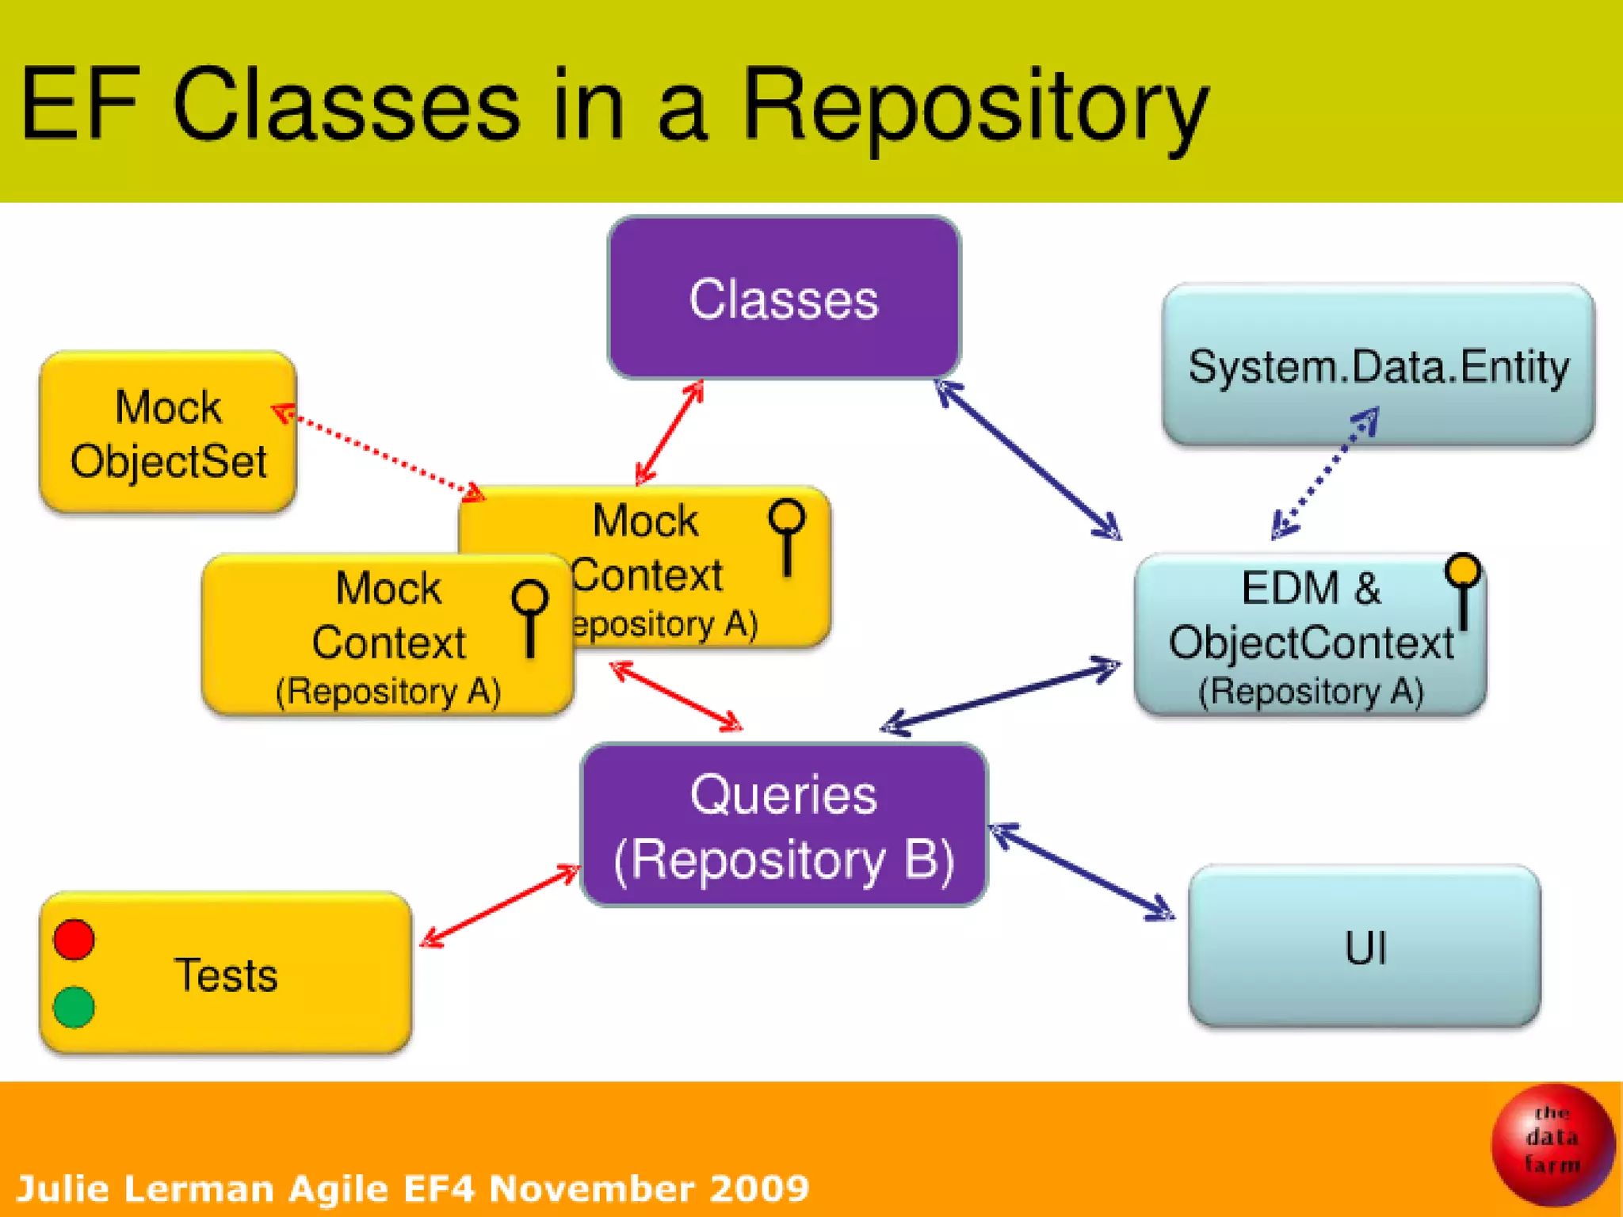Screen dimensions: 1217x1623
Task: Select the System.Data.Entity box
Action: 1377,364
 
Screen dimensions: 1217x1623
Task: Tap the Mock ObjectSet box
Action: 168,433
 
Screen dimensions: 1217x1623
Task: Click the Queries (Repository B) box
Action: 783,826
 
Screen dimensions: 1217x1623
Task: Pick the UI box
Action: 1365,946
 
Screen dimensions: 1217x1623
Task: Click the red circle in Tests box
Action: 74,940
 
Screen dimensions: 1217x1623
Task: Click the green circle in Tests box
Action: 74,1006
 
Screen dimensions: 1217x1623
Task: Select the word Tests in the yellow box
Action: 226,975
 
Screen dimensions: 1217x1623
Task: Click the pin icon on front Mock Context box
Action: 530,616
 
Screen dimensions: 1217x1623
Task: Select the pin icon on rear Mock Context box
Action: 787,534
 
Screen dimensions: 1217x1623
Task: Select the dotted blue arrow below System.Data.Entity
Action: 1324,474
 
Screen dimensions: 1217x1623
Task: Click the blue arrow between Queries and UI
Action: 1083,872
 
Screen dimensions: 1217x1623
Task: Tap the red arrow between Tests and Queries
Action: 500,905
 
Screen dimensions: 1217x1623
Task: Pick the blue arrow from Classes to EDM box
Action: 1029,460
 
